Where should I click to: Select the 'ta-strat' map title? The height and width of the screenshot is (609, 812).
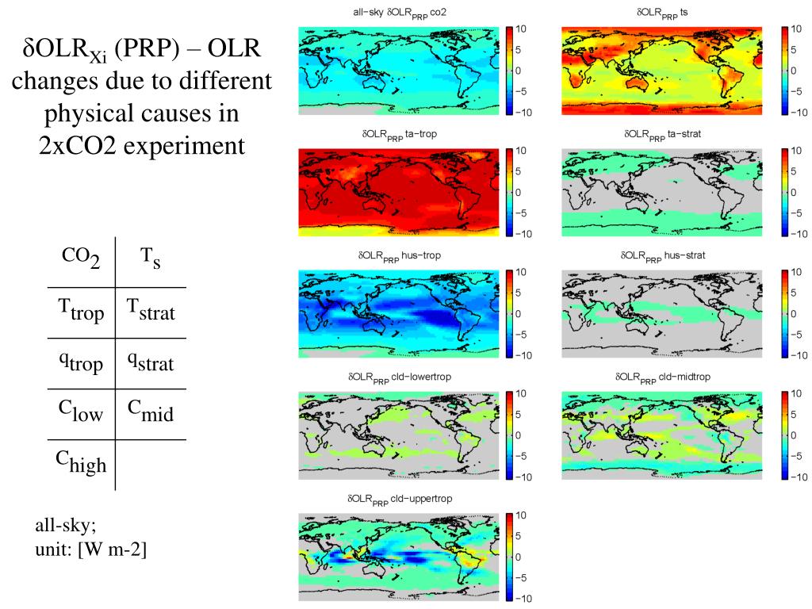click(x=662, y=135)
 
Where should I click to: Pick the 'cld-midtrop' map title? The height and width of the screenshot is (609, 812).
click(x=662, y=377)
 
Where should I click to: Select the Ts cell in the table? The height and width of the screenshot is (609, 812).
click(x=151, y=259)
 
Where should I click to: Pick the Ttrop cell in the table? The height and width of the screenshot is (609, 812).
click(x=81, y=312)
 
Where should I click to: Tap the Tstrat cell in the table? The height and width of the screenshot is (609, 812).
click(x=151, y=312)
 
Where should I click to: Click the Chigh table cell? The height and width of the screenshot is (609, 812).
click(x=81, y=462)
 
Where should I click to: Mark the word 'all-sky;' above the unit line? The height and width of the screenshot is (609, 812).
click(x=65, y=526)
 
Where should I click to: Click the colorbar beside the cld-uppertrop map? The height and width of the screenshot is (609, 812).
click(x=510, y=557)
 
